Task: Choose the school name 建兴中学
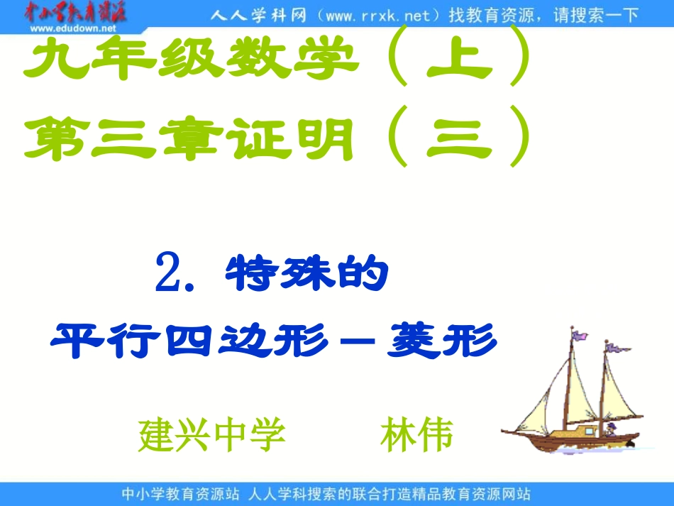tap(211, 435)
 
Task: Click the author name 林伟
tap(416, 435)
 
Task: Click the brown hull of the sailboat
tap(568, 436)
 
